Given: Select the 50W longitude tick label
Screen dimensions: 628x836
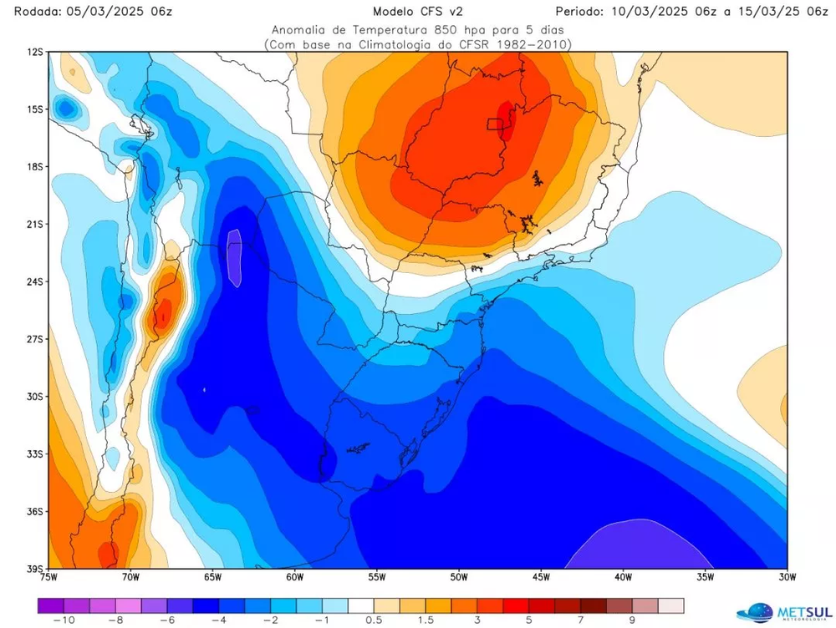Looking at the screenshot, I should [458, 576].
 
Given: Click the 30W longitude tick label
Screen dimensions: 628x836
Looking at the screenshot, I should [787, 576].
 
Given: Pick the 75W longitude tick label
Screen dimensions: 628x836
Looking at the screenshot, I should [48, 576].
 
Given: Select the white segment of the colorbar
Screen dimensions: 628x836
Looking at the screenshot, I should [361, 605].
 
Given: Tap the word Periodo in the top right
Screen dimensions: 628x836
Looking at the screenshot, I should [583, 11].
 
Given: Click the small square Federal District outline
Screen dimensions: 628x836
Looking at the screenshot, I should [496, 124].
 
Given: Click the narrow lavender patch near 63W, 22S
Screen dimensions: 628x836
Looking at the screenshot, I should [235, 257].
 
